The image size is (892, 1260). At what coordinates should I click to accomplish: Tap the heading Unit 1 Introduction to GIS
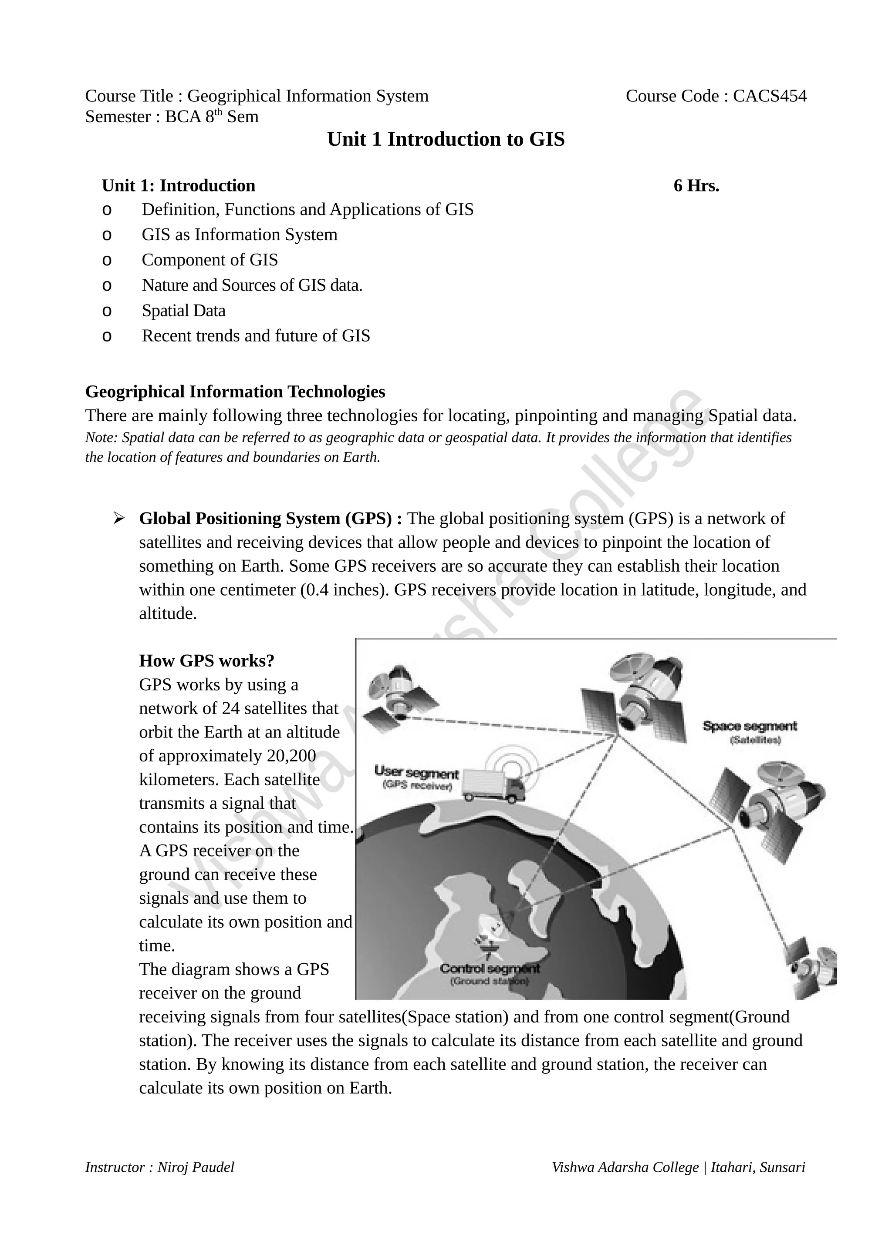(446, 139)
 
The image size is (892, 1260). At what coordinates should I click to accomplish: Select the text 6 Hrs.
(696, 186)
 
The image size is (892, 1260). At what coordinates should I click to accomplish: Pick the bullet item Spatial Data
(183, 311)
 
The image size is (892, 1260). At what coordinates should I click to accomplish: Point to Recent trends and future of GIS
(255, 336)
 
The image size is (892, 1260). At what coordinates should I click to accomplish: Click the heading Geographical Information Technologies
(235, 392)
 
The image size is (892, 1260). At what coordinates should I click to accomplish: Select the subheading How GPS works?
(206, 661)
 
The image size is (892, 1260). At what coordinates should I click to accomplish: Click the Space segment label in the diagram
(749, 727)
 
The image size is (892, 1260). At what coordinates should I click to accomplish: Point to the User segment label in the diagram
(416, 773)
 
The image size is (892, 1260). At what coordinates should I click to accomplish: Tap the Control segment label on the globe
(490, 968)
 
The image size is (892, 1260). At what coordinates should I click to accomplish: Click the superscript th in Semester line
(218, 112)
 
